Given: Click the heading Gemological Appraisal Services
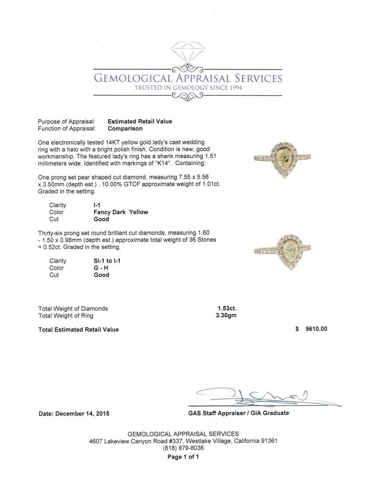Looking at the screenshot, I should (188, 79).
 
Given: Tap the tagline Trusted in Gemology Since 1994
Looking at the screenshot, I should (188, 88).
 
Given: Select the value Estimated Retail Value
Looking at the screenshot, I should (140, 122).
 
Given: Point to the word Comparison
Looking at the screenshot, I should (125, 129).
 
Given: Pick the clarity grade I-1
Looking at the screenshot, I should (97, 205).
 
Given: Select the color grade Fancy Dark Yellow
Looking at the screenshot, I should (121, 212).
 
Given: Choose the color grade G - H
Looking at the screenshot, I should (101, 268).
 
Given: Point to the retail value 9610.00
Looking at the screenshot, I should (316, 329).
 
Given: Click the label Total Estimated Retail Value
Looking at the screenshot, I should (79, 330).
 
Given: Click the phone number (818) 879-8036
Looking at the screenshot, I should (183, 448).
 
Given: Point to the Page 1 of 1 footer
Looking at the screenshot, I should (183, 457).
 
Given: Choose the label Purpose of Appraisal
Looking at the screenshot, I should (67, 122).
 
